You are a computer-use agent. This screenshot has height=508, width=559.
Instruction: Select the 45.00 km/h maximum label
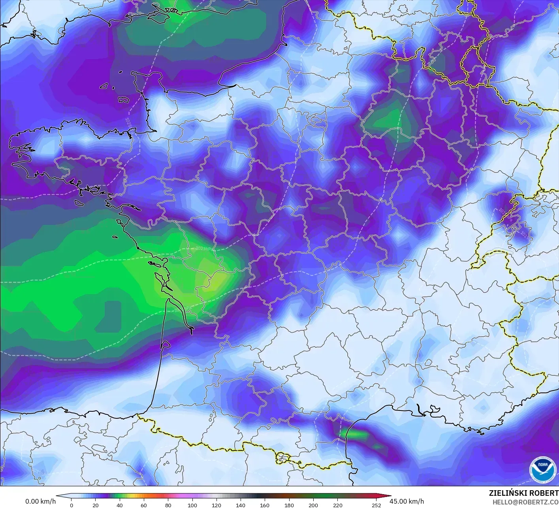click(407, 501)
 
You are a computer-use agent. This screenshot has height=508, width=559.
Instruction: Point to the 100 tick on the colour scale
click(192, 505)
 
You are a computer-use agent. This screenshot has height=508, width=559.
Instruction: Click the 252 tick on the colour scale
click(376, 505)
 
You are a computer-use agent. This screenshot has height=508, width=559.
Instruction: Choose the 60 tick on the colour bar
click(144, 505)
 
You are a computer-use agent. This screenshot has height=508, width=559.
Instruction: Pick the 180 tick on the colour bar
click(289, 505)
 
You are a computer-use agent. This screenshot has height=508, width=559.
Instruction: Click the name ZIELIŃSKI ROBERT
click(523, 493)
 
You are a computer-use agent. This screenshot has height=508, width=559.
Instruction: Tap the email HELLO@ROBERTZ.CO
click(525, 502)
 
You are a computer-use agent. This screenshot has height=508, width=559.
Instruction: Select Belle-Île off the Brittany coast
click(79, 202)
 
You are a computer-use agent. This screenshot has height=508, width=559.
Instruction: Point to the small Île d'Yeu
click(115, 237)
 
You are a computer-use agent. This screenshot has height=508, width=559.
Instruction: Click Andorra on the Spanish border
click(283, 458)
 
